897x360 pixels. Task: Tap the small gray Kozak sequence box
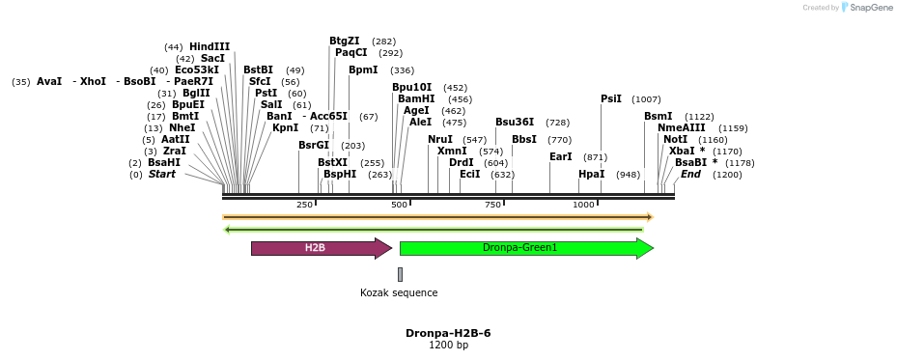point(400,274)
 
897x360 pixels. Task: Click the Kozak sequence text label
point(399,292)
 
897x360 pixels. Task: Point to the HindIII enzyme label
point(210,46)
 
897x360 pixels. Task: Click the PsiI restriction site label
point(611,98)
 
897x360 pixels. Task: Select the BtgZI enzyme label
point(345,41)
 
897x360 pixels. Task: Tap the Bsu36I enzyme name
point(515,122)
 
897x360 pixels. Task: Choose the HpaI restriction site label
point(591,174)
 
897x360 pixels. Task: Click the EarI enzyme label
point(561,156)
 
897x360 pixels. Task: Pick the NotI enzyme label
point(676,139)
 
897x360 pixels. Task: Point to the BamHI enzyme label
point(416,98)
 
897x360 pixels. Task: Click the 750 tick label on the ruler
point(493,205)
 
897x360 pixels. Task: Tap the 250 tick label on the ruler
point(305,205)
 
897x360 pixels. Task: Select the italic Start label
point(161,174)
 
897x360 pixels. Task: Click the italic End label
point(690,174)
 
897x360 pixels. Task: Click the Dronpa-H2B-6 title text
point(448,333)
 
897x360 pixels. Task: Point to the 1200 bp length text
point(448,345)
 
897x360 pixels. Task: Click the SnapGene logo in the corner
point(865,8)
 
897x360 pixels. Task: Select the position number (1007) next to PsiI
point(646,99)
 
